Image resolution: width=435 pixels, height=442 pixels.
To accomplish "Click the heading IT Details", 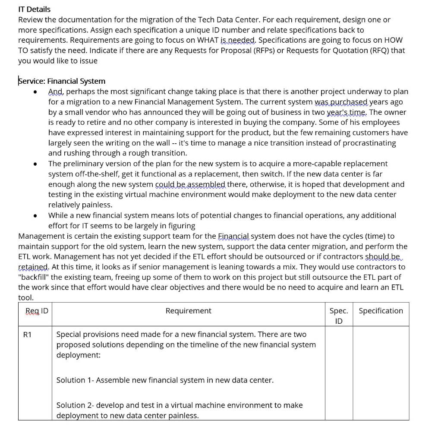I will [34, 9].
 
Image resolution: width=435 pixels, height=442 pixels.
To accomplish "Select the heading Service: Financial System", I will [62, 81].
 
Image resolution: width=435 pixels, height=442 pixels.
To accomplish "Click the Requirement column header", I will [188, 311].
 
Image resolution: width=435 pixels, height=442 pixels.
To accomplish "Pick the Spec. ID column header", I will [338, 316].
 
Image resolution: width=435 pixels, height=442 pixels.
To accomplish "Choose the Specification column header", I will [381, 311].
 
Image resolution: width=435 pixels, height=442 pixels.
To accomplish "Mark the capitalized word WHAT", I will [208, 40].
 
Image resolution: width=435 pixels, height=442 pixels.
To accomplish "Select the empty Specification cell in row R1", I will [381, 373].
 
